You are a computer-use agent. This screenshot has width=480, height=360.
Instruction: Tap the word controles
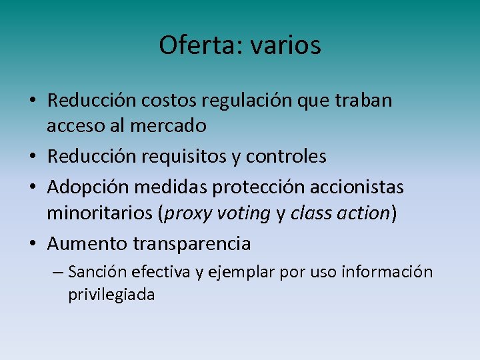tap(286, 156)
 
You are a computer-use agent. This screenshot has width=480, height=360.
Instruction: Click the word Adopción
tap(90, 188)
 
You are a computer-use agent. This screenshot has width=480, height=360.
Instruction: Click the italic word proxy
tap(187, 213)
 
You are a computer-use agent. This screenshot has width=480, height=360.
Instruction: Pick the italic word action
tap(365, 213)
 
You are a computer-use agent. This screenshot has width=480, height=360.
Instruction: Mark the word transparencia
tap(192, 244)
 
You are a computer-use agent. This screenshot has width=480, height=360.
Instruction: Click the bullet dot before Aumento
tap(32, 244)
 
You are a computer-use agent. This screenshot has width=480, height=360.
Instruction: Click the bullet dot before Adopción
tap(32, 188)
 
